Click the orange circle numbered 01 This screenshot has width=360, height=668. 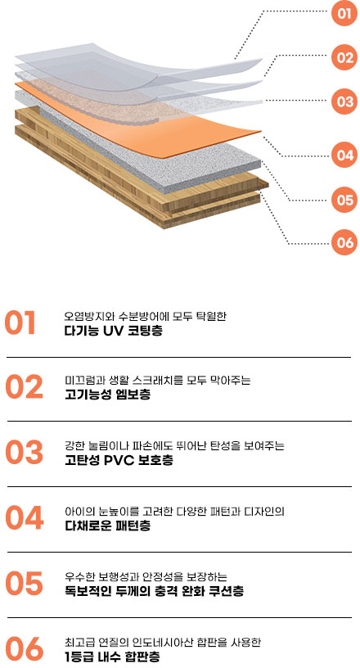tap(344, 13)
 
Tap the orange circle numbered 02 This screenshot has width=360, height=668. tap(344, 57)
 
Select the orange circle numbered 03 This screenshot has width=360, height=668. tap(344, 102)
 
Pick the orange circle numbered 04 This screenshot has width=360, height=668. tap(344, 155)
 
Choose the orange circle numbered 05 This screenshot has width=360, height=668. tap(344, 200)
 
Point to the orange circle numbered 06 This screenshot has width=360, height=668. tap(344, 242)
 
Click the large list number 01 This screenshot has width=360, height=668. tap(20, 323)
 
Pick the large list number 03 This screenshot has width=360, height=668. tap(25, 453)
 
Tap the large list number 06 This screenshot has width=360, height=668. tap(25, 649)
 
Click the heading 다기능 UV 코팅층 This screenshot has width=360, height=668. tap(114, 331)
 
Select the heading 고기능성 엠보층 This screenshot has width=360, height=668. tap(107, 395)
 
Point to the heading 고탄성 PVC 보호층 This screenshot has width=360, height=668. tap(119, 460)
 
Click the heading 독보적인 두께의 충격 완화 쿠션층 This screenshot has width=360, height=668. tap(154, 591)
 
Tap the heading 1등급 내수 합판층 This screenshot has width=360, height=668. tap(112, 657)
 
